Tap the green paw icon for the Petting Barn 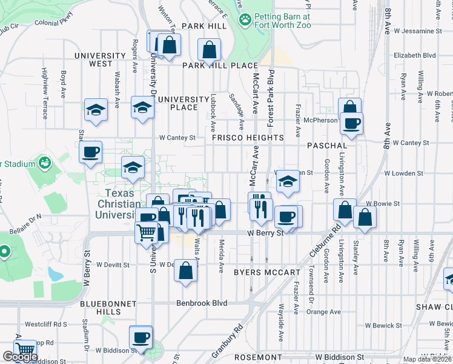point(245,19)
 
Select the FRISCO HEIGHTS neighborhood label point(248,138)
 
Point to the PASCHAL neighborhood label point(327,146)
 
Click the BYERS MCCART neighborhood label point(267,272)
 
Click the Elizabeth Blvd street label point(414,55)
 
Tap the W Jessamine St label point(417,30)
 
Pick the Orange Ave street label point(323,312)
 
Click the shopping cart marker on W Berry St point(147,232)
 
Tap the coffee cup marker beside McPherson point(351,124)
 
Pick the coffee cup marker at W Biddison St point(141,337)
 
